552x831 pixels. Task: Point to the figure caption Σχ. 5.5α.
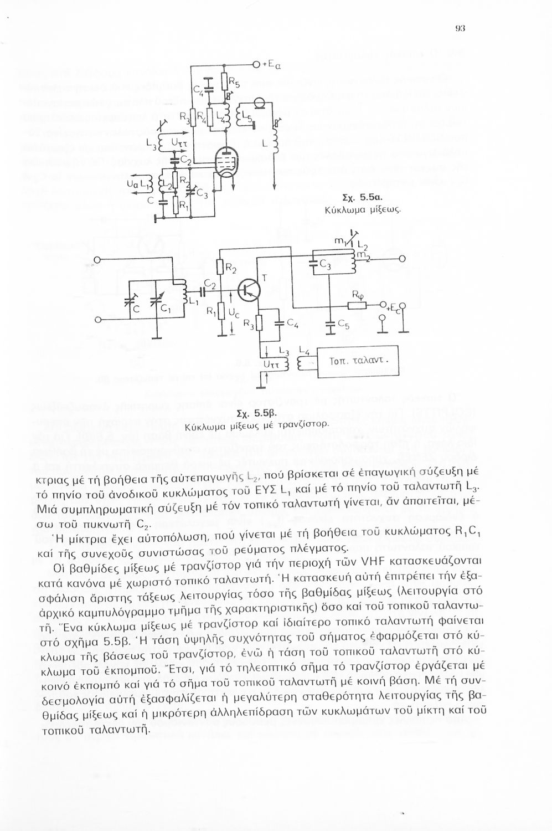360,197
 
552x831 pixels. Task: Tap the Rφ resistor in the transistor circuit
355,305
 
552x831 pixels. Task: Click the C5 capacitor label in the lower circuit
344,327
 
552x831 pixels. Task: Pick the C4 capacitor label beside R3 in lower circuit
292,326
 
